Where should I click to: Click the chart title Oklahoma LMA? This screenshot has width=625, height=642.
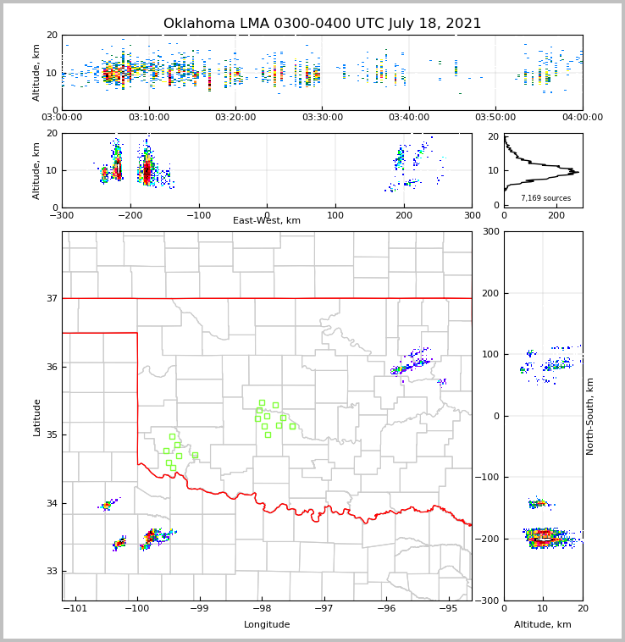pos(322,24)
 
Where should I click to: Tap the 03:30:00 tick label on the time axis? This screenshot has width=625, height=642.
pos(322,118)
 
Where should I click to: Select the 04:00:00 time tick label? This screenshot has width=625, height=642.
pos(582,118)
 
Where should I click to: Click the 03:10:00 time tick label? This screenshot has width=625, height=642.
pos(148,118)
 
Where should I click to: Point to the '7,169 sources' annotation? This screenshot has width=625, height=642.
pos(545,198)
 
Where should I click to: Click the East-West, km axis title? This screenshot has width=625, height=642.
pos(267,221)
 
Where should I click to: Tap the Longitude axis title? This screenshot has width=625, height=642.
pos(267,625)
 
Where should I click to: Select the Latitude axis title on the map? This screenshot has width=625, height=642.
pos(36,417)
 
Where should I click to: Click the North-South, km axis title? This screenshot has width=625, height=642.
pos(590,416)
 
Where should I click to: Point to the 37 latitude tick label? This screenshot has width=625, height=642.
pos(52,298)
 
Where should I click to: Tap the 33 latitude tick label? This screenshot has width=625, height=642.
pos(52,572)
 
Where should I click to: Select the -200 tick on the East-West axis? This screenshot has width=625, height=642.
pos(130,215)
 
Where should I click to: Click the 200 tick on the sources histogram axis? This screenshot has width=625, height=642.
pos(556,215)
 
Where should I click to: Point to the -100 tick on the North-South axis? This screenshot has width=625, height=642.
pos(487,478)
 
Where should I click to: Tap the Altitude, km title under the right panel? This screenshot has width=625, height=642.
pos(543,625)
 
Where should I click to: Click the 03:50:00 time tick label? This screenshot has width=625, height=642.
pos(495,118)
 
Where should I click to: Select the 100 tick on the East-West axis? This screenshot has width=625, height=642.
pos(335,215)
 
